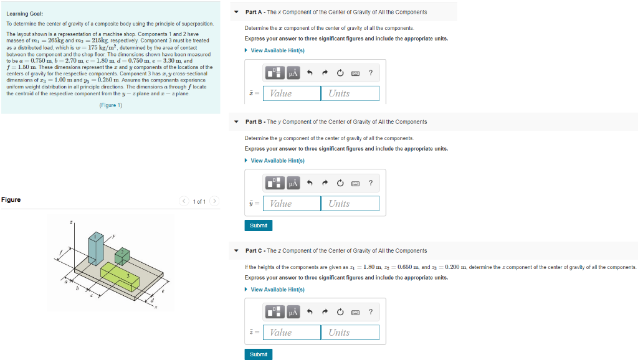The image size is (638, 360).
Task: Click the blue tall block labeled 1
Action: [95, 249]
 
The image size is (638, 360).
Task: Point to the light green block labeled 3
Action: [121, 277]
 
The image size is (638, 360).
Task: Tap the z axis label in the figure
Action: [71, 222]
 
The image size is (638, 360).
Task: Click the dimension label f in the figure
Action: [61, 253]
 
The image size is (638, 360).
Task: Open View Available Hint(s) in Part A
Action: [277, 50]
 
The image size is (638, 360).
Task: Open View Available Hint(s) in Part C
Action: [277, 290]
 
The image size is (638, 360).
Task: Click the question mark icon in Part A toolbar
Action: [371, 73]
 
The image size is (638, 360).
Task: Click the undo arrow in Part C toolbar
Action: [310, 312]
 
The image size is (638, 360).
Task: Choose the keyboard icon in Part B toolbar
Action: [355, 183]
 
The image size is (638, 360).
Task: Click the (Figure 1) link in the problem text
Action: [111, 105]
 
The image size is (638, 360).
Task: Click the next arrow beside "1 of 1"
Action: [214, 201]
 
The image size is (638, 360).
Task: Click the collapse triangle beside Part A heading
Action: [237, 12]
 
